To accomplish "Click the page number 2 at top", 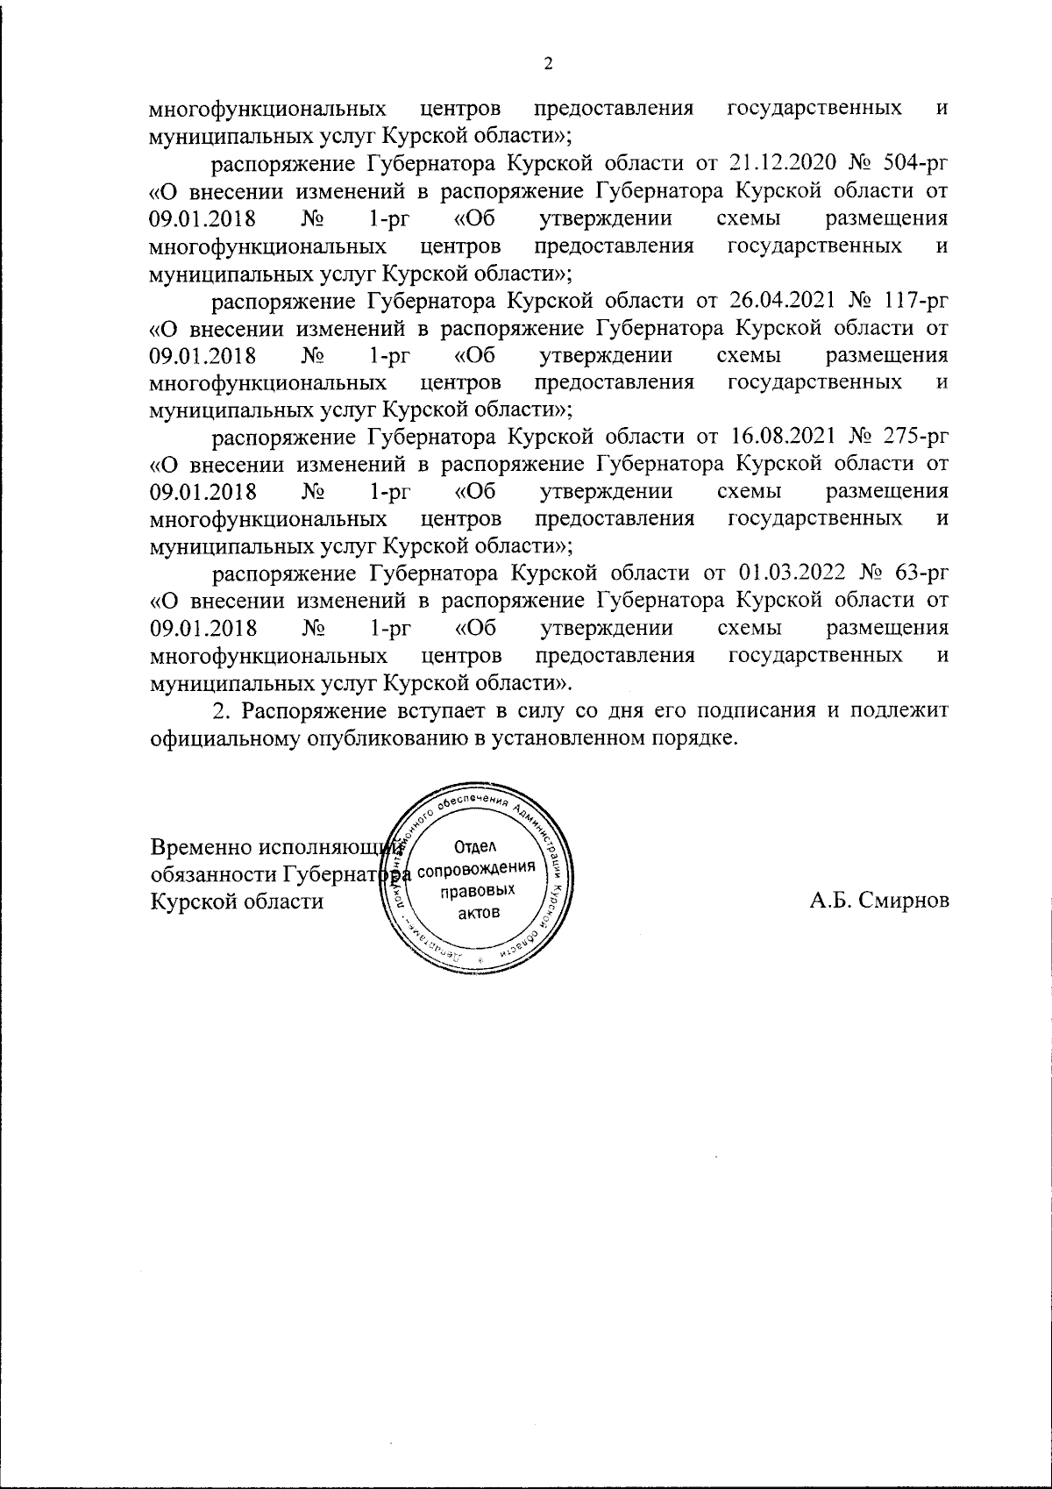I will point(549,62).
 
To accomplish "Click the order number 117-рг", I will point(913,301).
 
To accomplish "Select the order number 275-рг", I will point(913,437).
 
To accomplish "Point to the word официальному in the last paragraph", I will point(224,737).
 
